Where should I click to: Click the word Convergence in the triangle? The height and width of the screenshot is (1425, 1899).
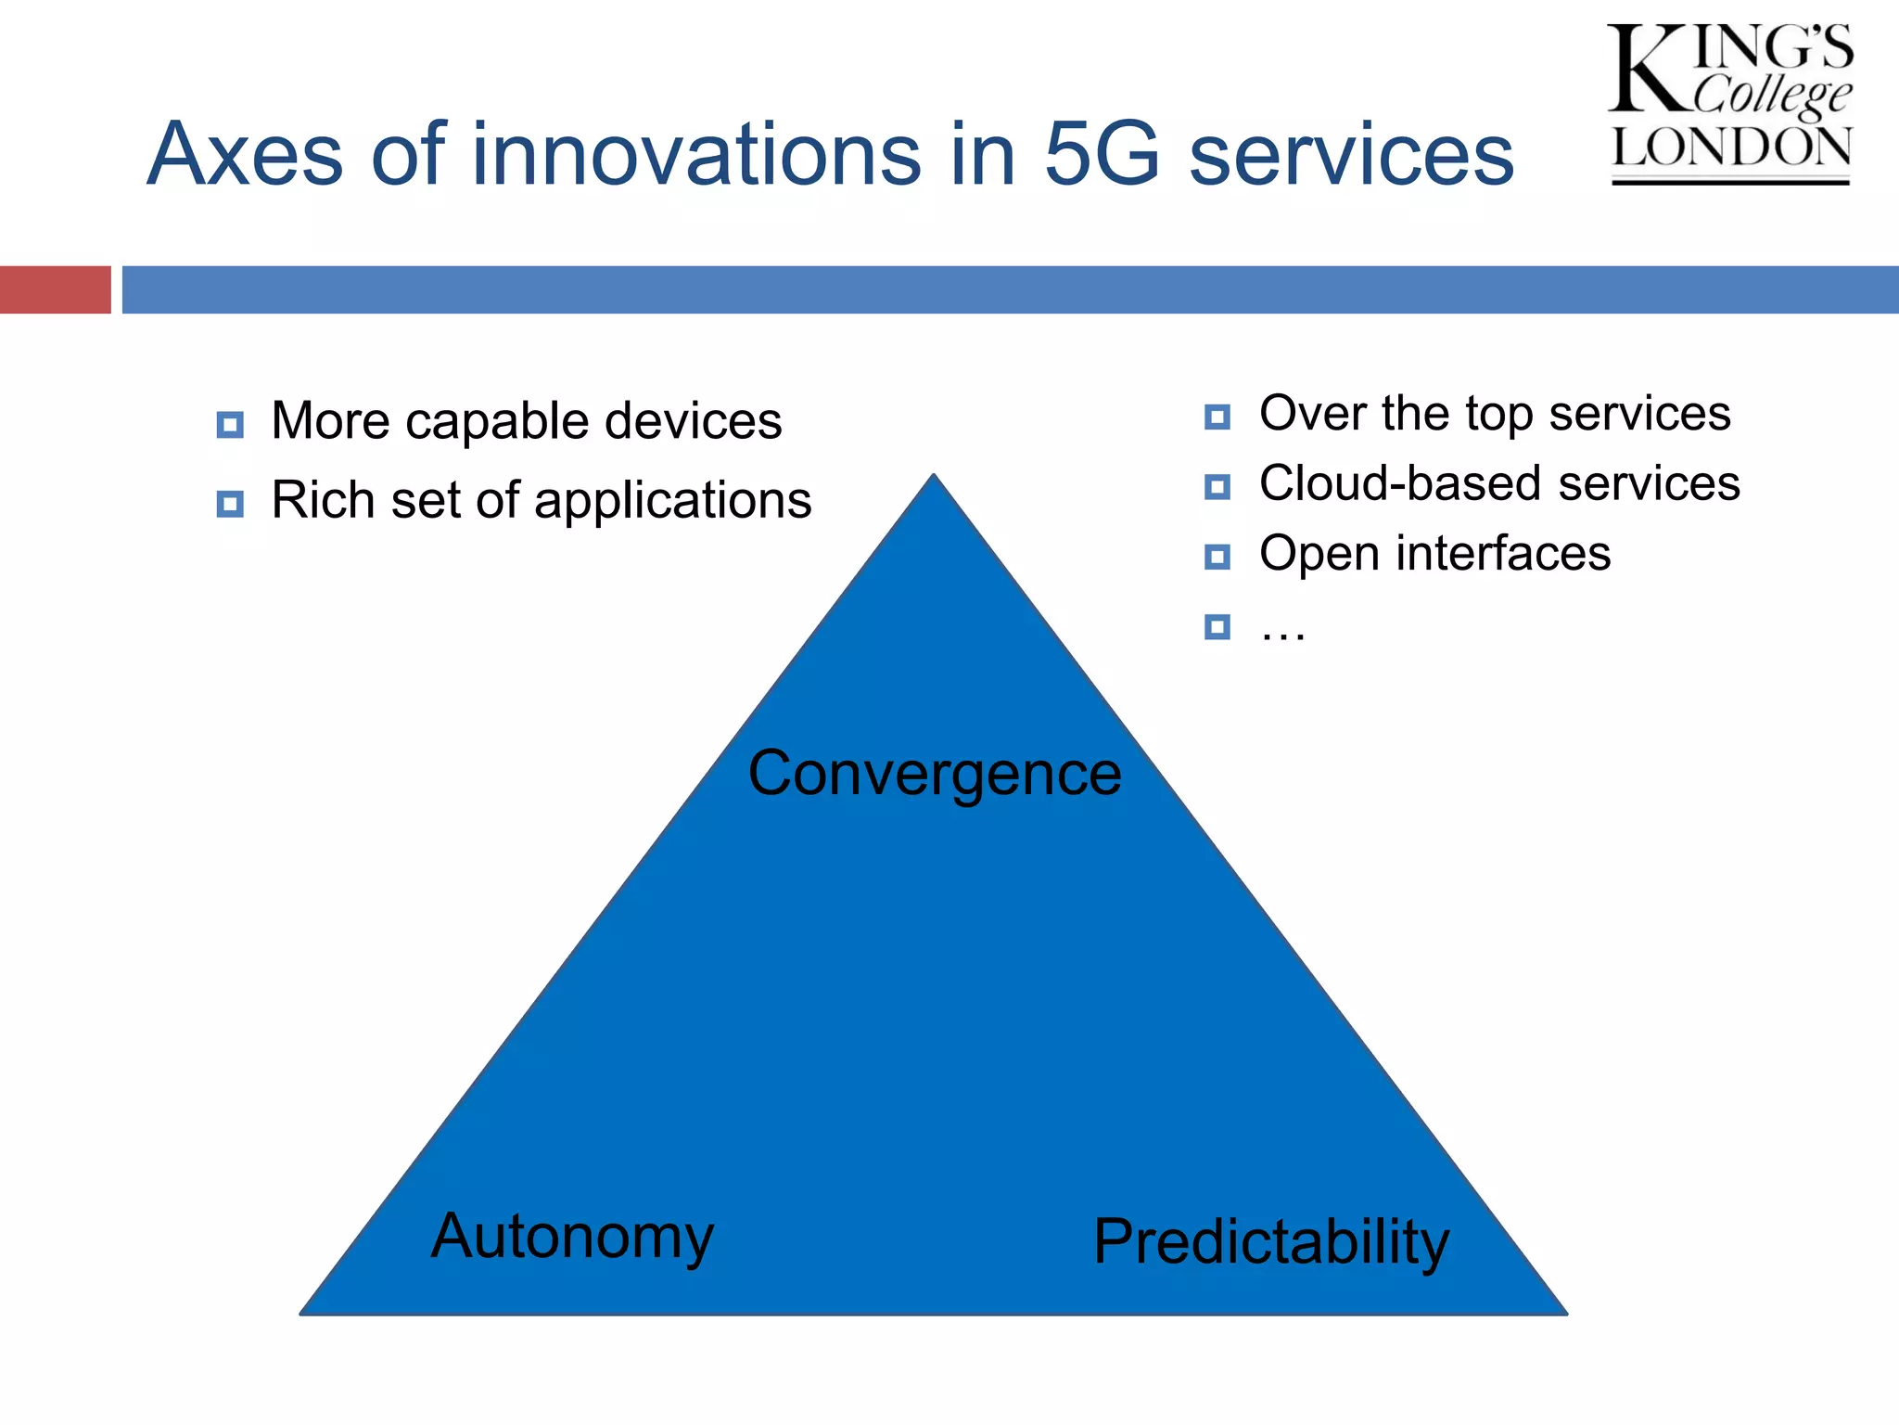935,774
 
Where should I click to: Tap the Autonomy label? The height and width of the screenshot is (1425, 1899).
572,1237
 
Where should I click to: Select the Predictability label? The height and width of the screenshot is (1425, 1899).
1270,1242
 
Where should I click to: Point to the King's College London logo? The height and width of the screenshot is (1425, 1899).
1730,104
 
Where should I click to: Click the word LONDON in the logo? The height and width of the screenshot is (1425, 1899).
1730,148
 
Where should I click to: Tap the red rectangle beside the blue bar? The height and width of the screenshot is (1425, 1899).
55,289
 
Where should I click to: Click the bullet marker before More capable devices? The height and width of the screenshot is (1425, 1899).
230,425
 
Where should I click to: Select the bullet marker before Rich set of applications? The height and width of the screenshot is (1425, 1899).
230,504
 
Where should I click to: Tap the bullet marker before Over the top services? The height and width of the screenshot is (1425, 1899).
1217,417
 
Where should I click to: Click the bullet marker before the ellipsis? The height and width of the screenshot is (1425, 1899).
1217,627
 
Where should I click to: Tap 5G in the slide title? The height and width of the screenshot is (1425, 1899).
1102,154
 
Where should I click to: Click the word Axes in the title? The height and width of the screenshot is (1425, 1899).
245,154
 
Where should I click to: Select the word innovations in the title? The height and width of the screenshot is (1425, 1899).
695,154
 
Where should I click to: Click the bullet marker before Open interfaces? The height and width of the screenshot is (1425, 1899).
1217,557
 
